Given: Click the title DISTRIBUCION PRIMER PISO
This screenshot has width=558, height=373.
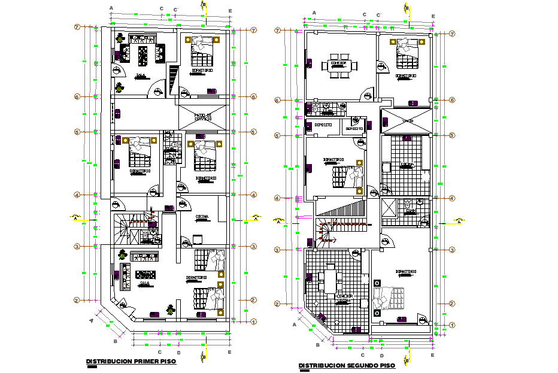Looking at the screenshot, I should [131, 362].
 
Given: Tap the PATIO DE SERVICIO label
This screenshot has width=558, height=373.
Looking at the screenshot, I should [203, 116].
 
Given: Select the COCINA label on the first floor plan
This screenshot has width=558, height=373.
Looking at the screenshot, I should [202, 217].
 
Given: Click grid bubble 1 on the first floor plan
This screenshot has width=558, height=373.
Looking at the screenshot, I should [253, 322].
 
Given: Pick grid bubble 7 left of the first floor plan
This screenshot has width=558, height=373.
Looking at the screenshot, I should [77, 28].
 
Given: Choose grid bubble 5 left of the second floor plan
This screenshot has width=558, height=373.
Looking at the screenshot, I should [277, 135].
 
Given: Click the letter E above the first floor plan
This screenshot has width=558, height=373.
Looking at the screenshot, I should [230, 11].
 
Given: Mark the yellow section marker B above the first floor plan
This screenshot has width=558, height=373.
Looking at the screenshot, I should [203, 5].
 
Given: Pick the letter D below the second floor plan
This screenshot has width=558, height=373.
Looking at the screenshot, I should [381, 356].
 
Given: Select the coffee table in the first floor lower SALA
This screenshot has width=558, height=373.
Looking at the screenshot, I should [146, 275].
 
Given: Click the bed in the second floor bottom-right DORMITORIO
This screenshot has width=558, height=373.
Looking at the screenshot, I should [389, 298].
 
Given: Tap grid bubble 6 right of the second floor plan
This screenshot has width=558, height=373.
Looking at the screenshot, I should [452, 101].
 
